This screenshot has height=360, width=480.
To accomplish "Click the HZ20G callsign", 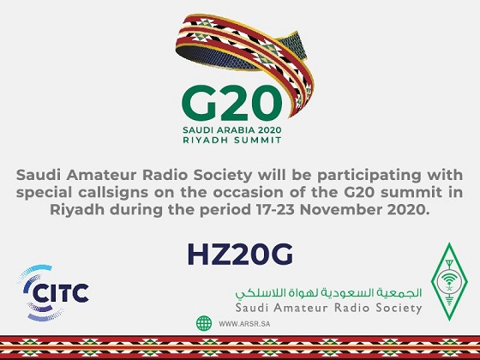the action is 240,255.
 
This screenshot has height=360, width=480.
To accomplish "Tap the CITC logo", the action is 53,293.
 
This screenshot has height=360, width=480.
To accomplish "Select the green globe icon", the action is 204,323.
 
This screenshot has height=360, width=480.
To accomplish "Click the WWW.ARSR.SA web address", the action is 244,324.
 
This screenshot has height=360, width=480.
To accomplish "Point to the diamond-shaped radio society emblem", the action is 449,282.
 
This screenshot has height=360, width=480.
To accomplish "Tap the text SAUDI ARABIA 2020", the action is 231,130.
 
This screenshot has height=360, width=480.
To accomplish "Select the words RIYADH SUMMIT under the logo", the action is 231,141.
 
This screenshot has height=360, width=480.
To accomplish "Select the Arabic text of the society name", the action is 328,293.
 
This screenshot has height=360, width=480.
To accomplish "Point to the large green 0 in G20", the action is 266,103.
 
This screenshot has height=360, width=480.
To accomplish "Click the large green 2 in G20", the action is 234,103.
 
